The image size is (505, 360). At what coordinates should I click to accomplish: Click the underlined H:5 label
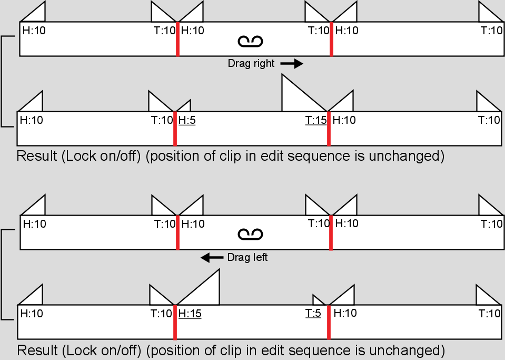click(187, 120)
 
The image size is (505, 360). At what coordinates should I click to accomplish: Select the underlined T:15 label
click(316, 120)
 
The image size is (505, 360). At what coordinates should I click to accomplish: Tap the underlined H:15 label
click(190, 314)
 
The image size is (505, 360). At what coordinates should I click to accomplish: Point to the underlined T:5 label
click(313, 313)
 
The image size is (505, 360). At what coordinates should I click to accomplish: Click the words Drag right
click(251, 63)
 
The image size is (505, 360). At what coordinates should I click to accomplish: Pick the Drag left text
click(247, 257)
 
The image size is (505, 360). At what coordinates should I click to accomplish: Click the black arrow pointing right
click(292, 63)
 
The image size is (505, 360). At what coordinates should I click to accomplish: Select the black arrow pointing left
click(212, 258)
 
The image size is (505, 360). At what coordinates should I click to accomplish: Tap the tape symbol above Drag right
click(250, 42)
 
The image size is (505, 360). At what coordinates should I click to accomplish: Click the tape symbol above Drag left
click(250, 235)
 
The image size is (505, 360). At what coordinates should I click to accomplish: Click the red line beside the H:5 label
click(175, 129)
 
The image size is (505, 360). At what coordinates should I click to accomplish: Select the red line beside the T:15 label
click(329, 129)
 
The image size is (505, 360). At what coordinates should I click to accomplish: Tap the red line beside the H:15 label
click(175, 322)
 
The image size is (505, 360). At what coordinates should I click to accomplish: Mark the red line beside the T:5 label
click(329, 322)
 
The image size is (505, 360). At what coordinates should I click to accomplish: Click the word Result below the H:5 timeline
click(37, 156)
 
